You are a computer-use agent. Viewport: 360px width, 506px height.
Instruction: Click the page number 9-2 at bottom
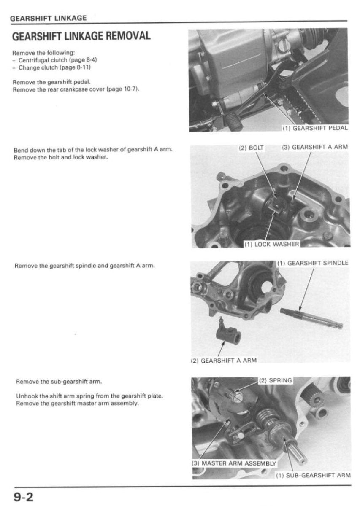coord(24,497)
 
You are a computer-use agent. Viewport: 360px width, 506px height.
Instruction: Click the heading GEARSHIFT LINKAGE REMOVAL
coord(81,35)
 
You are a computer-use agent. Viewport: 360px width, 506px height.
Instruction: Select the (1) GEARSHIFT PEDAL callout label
coord(315,128)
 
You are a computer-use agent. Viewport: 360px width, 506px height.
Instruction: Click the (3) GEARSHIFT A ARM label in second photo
coord(315,148)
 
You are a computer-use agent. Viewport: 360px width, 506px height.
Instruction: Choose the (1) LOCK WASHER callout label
coord(272,244)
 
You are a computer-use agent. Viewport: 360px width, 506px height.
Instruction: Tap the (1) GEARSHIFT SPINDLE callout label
coord(313,263)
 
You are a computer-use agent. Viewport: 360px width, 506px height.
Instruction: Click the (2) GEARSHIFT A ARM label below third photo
coord(224,361)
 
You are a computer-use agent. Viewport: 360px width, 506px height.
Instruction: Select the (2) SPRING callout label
coord(275,380)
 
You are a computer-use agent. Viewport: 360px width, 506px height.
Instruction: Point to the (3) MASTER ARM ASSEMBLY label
coord(234,463)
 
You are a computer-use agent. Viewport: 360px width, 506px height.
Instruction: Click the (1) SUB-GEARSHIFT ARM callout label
coord(313,475)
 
